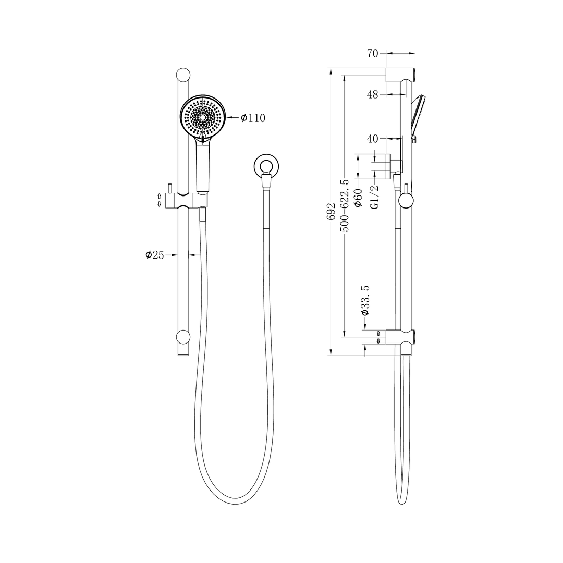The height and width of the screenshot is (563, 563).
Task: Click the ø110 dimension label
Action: (253, 118)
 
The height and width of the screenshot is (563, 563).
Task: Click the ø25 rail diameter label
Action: (155, 255)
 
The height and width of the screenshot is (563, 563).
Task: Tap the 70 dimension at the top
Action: (372, 53)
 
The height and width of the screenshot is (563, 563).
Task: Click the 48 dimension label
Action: (372, 94)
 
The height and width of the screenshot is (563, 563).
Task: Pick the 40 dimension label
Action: (372, 139)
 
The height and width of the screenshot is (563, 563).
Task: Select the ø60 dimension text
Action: (358, 199)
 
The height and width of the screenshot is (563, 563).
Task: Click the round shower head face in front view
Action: (203, 117)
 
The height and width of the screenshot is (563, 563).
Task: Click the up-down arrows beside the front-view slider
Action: (160, 200)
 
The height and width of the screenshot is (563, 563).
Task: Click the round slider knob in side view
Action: (406, 200)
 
